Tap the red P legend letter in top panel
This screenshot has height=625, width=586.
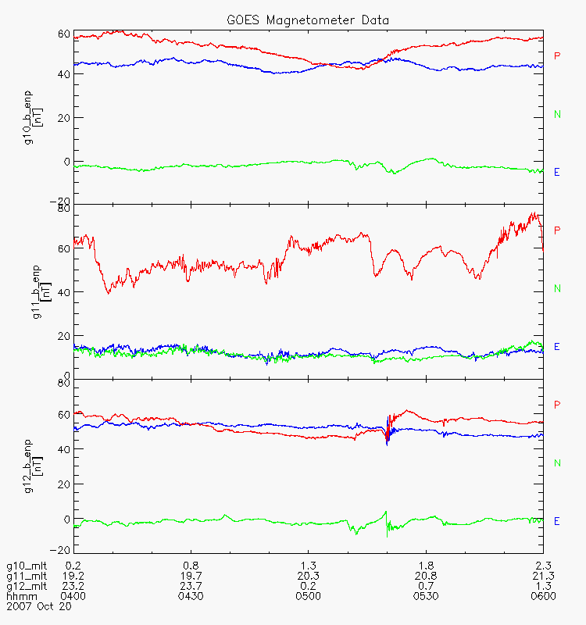557,55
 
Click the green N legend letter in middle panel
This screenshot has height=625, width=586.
557,288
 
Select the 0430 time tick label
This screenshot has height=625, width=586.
191,597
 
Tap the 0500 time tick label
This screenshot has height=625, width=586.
308,597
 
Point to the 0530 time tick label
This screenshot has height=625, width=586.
426,597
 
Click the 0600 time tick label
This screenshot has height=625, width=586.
543,597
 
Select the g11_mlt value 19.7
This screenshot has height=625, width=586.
191,576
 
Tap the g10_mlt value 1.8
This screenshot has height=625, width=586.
426,565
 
